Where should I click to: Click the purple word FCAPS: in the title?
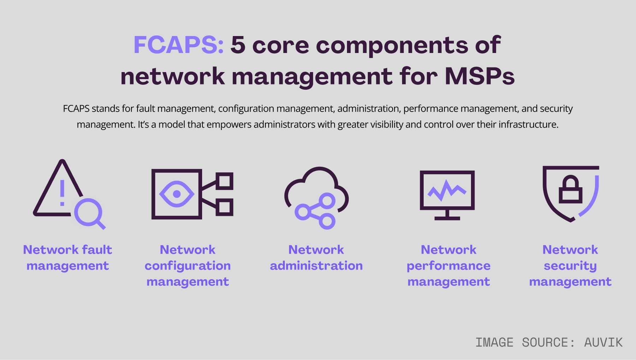[x=178, y=45]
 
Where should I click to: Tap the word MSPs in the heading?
[x=479, y=76]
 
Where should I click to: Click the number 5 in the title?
[x=238, y=45]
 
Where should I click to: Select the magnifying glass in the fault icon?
[x=89, y=213]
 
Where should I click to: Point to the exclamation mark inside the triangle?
[x=62, y=193]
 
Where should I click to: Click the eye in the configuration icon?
[x=177, y=194]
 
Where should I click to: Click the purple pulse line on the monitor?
[x=447, y=190]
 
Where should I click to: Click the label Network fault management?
[x=67, y=258]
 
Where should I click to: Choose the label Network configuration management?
[x=188, y=265]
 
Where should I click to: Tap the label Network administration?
[x=316, y=258]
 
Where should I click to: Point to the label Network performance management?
[x=448, y=265]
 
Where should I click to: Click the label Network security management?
[x=570, y=265]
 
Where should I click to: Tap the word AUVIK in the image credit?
[x=603, y=342]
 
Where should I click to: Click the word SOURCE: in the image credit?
[x=548, y=342]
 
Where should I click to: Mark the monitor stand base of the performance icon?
[x=447, y=218]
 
